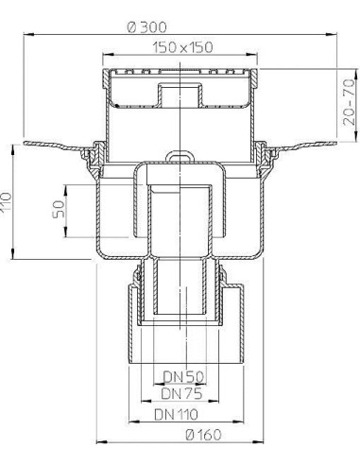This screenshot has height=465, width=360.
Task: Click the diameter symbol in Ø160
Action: pyautogui.click(x=164, y=437)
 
